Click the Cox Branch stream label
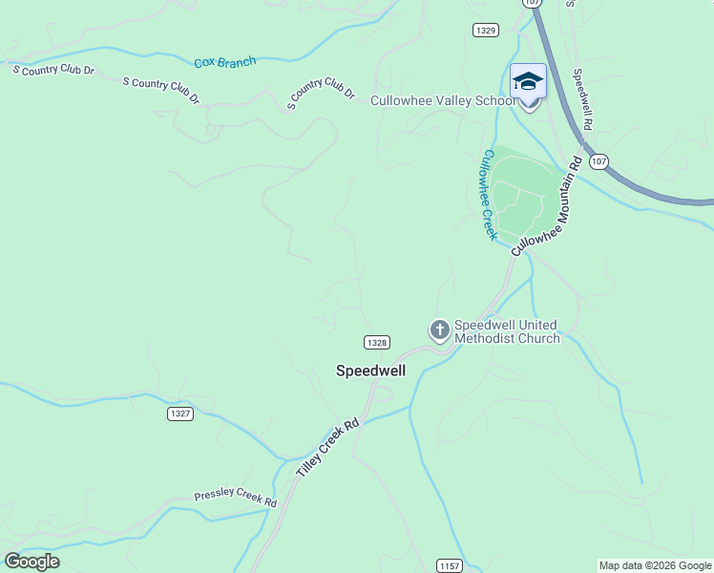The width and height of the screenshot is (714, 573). (x=225, y=63)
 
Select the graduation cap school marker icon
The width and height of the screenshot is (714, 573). (x=528, y=82)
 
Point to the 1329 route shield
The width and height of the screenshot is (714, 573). (x=485, y=31)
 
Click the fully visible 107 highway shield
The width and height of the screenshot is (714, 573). (x=598, y=161)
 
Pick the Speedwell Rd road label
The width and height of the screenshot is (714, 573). (x=582, y=98)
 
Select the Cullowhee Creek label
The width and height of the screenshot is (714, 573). (x=490, y=194)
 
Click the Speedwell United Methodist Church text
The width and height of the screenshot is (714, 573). (x=506, y=331)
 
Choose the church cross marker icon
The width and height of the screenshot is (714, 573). (x=439, y=331)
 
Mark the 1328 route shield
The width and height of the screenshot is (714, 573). (x=376, y=342)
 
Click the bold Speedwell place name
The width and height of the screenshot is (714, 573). (x=371, y=371)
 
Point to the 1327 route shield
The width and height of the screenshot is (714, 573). (x=179, y=414)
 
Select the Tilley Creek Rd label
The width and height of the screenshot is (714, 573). (x=326, y=449)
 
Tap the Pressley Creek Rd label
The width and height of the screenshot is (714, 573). (x=235, y=498)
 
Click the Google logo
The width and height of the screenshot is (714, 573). (x=31, y=562)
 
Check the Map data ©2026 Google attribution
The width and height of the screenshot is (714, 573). (x=655, y=566)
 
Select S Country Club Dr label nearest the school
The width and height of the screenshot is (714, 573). (x=322, y=93)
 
